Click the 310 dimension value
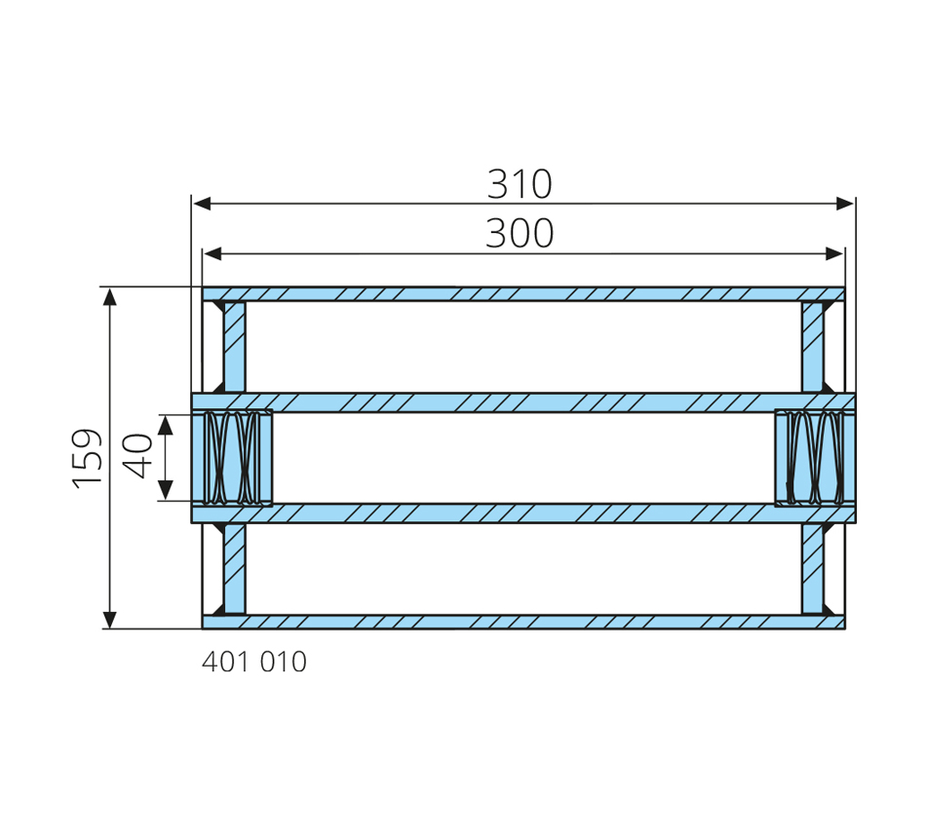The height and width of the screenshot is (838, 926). tap(520, 184)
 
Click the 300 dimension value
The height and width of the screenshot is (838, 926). tap(520, 233)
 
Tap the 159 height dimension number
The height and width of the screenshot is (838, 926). tap(87, 458)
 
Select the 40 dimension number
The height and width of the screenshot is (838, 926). tap(137, 455)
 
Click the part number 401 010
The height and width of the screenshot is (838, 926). tap(254, 662)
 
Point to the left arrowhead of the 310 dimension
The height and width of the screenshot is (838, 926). tap(202, 204)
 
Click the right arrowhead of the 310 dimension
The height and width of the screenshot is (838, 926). tap(845, 204)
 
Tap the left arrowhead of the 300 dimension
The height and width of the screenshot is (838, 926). tap(212, 254)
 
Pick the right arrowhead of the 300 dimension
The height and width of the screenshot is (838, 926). tap(834, 254)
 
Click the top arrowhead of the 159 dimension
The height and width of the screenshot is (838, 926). tap(109, 297)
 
